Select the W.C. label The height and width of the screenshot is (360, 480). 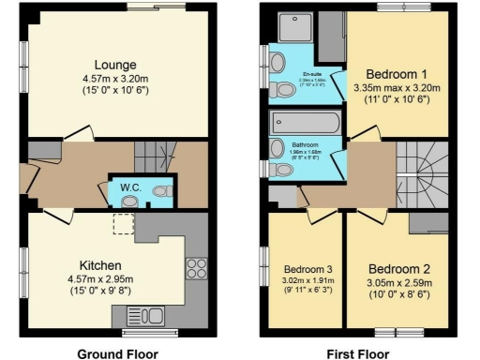129,187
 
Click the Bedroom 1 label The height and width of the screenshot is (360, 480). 396,74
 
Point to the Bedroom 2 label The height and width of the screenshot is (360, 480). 396,266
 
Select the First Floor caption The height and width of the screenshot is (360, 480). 358,353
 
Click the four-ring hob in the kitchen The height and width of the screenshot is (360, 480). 197,269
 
